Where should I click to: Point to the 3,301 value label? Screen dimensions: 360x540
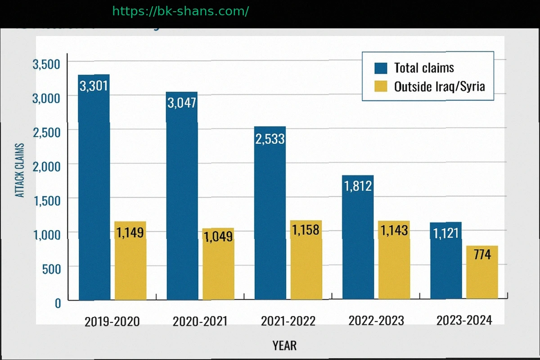[94, 85]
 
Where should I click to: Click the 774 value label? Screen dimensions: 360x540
[482, 255]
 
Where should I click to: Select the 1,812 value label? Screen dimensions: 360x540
[358, 185]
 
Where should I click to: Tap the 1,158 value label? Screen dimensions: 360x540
[306, 230]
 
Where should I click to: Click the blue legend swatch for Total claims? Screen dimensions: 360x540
[381, 68]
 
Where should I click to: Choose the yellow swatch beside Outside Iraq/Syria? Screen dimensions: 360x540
[381, 86]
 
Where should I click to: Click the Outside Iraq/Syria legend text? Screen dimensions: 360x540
[439, 86]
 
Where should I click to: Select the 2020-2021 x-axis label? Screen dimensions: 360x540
[200, 321]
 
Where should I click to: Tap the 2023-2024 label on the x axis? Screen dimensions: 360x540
[464, 320]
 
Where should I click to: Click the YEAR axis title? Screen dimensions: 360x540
[284, 346]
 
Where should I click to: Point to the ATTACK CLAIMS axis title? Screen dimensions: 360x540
[20, 170]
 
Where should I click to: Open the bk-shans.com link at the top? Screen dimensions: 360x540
[180, 11]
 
